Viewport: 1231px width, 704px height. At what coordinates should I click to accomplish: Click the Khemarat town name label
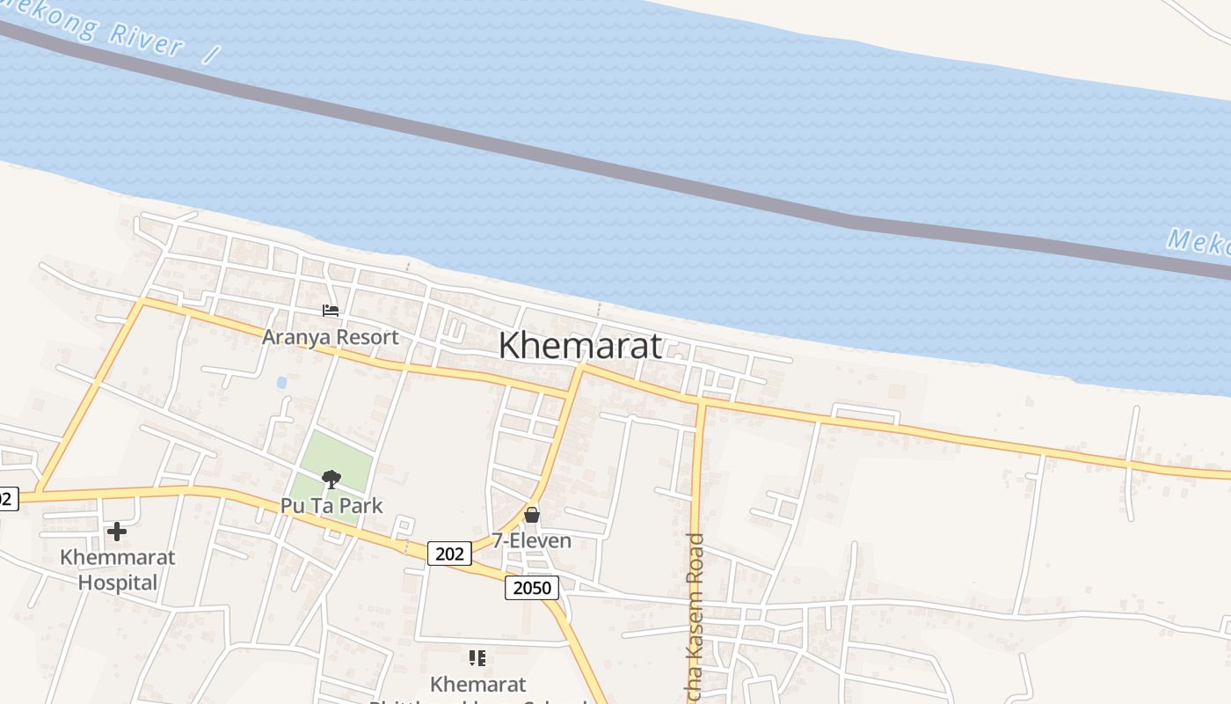pos(579,345)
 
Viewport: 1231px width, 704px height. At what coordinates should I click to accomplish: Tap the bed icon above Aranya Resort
pos(331,311)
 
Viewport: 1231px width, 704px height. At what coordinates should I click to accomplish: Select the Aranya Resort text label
pos(330,337)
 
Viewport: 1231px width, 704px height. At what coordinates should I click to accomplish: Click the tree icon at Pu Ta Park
pos(331,480)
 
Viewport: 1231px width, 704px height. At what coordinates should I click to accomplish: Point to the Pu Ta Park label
pos(331,505)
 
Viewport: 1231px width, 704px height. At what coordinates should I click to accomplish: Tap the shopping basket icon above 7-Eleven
pos(532,515)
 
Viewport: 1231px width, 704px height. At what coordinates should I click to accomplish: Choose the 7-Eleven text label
pos(531,540)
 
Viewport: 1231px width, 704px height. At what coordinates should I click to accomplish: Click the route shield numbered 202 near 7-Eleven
pos(449,553)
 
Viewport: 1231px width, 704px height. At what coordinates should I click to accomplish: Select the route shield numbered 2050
pos(532,588)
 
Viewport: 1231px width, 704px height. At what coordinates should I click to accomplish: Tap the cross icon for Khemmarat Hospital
pos(116,532)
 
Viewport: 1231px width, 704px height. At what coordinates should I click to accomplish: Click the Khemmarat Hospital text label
pos(117,569)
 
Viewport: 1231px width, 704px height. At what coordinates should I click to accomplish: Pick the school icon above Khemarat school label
pos(477,658)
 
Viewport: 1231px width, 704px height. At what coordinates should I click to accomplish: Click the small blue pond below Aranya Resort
pos(281,383)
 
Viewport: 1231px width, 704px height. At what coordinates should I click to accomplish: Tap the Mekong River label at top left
pos(132,33)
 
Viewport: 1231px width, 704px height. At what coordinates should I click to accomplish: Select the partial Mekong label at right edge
pos(1200,243)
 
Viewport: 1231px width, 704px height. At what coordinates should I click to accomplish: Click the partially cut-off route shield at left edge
pos(7,499)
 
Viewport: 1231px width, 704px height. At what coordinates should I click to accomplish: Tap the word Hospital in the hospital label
pos(117,583)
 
